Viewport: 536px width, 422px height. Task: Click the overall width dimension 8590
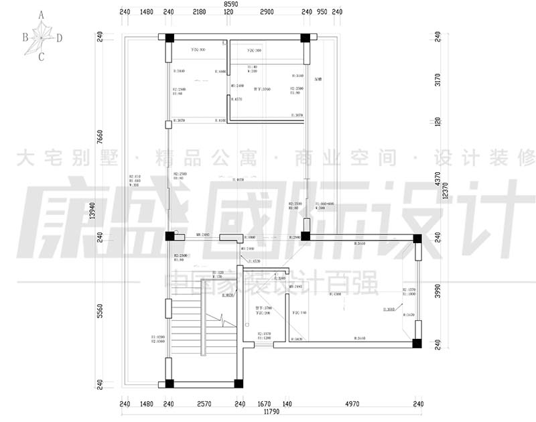click(x=230, y=4)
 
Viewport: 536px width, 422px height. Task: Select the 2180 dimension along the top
click(x=199, y=12)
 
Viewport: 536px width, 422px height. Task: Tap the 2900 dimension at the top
click(x=266, y=12)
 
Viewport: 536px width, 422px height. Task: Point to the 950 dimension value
click(x=322, y=12)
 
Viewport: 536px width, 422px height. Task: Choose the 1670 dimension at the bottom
click(x=265, y=404)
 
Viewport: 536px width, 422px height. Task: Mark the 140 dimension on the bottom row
click(x=287, y=404)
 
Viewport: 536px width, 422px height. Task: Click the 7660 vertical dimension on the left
click(x=100, y=136)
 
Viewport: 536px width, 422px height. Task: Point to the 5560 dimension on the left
click(x=100, y=310)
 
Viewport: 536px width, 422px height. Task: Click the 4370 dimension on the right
click(x=438, y=179)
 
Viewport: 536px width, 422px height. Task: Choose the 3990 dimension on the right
click(x=438, y=291)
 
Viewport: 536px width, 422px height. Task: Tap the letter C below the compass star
click(x=42, y=57)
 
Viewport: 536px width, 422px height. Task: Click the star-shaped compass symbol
click(x=42, y=35)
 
